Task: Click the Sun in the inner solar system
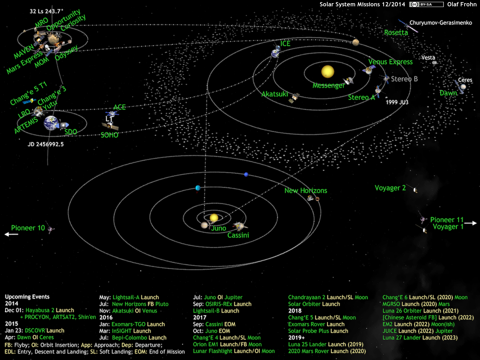point(327,71)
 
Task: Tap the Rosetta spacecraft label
point(396,33)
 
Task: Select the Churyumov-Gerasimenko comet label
point(441,23)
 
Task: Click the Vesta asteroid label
point(428,58)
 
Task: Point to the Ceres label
point(465,80)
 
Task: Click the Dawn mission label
point(448,93)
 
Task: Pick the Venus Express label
point(390,62)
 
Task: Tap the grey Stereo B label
point(404,79)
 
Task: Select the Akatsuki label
point(274,94)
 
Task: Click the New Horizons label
point(306,191)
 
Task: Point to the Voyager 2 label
point(390,188)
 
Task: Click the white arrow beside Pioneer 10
point(11,234)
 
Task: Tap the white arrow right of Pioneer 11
point(471,223)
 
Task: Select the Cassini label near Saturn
point(238,235)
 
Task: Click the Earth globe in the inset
point(51,123)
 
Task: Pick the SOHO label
point(109,135)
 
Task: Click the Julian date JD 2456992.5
point(46,144)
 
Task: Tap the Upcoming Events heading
point(27,297)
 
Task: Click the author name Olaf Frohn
point(462,4)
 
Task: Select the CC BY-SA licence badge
point(426,4)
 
